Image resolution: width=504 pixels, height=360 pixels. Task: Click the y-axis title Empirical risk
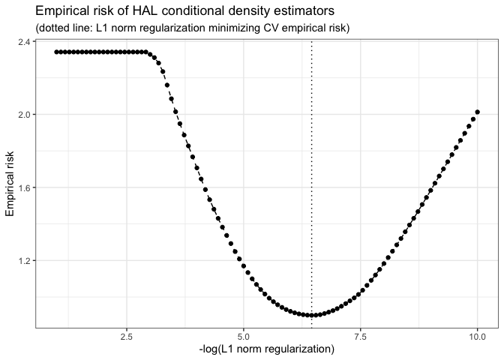click(10, 180)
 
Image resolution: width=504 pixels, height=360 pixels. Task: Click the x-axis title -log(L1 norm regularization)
click(266, 349)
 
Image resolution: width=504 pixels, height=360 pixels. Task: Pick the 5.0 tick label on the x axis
click(243, 334)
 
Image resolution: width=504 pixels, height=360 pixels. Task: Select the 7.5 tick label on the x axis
click(360, 334)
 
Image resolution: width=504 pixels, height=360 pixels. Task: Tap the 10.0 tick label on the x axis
click(477, 334)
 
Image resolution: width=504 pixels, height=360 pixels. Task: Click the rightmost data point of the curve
click(477, 112)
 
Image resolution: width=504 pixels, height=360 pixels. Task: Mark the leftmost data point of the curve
click(55, 52)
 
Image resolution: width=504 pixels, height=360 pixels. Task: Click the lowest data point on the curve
click(311, 315)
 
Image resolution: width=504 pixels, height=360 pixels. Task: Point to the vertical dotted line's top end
click(311, 40)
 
